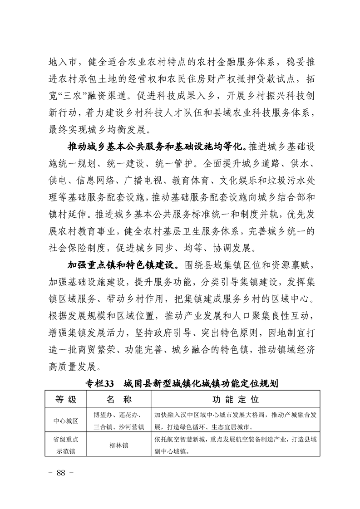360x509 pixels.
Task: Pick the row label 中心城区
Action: coord(66,421)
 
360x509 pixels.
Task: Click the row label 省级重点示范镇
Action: coord(66,445)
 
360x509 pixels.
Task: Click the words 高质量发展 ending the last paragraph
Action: coord(70,366)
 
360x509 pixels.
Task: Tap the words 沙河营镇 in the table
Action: coord(131,427)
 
